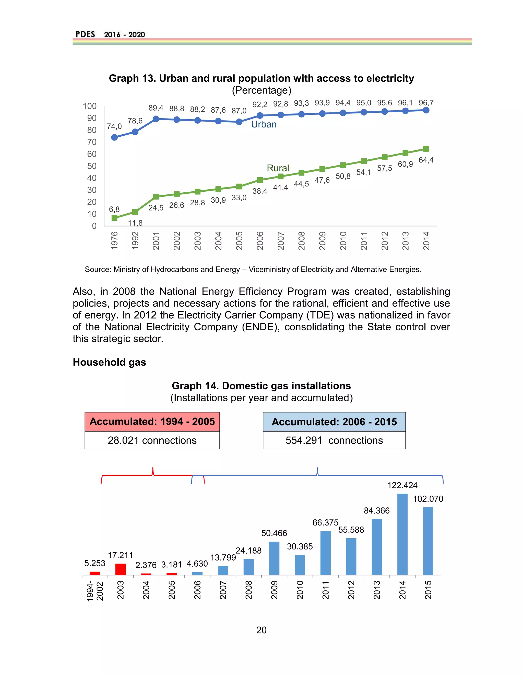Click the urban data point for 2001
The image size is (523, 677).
pyautogui.click(x=156, y=119)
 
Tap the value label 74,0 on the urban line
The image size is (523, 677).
pyautogui.click(x=114, y=126)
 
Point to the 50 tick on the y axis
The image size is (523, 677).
pyautogui.click(x=92, y=166)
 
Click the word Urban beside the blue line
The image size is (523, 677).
pyautogui.click(x=264, y=124)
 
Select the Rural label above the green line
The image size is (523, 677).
pyautogui.click(x=278, y=168)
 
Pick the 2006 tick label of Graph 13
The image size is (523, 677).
pyautogui.click(x=260, y=241)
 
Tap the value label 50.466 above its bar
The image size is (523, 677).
pyautogui.click(x=274, y=533)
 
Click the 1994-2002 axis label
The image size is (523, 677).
pyautogui.click(x=95, y=591)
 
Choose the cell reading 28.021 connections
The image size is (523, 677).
pyautogui.click(x=152, y=440)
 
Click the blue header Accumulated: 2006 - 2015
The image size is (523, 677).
pyautogui.click(x=334, y=422)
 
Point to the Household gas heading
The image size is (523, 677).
pyautogui.click(x=109, y=362)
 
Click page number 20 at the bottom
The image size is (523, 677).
pyautogui.click(x=261, y=630)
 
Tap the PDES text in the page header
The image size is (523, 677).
pyautogui.click(x=85, y=34)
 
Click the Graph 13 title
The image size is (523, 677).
pyautogui.click(x=261, y=78)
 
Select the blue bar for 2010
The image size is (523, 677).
pyautogui.click(x=300, y=565)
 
